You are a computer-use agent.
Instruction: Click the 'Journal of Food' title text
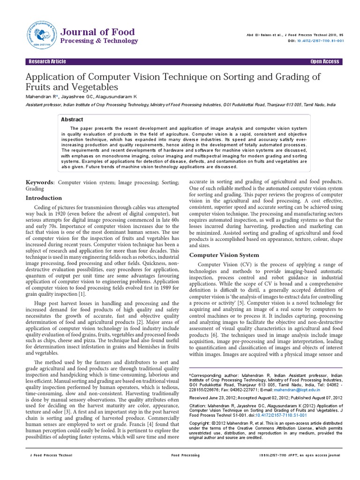point(98,32)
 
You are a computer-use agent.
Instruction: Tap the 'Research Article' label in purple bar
point(47,62)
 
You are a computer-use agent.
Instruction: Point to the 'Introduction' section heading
point(44,198)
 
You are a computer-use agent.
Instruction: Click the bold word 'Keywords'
point(39,182)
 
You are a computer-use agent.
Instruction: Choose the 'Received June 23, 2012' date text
point(213,397)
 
